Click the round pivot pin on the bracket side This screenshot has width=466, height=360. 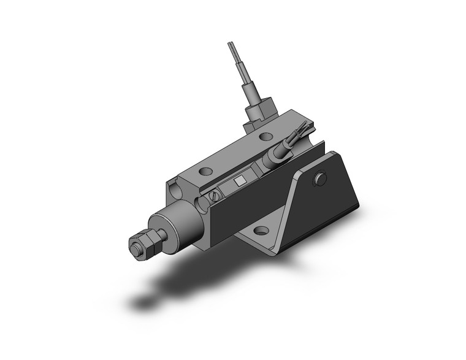[318, 179]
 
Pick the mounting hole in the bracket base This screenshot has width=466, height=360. [262, 232]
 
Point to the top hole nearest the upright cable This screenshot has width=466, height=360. [265, 137]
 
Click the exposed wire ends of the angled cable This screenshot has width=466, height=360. [301, 130]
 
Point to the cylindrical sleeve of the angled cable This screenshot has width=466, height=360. [277, 153]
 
